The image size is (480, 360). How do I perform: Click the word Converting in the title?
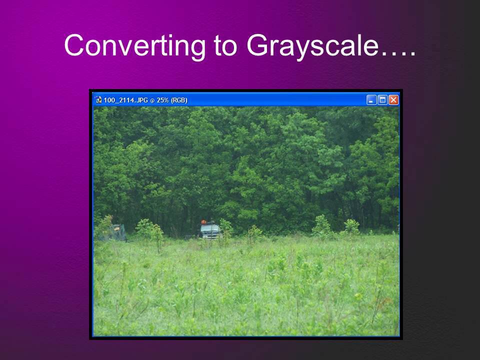134,46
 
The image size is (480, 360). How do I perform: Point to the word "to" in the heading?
226,46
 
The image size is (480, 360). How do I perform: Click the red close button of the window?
393,100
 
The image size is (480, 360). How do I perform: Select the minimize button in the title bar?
371,100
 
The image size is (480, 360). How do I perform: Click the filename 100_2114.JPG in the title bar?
126,100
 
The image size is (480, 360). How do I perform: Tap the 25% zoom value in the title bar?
162,100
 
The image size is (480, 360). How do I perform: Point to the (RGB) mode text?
179,100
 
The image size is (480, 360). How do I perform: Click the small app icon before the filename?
98,100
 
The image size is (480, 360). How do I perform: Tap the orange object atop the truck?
204,221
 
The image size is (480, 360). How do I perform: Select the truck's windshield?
209,228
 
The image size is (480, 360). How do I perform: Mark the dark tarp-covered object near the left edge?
115,232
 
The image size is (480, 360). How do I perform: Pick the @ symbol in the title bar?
152,100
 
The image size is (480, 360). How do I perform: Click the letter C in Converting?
74,45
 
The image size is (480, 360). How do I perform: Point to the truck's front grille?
211,235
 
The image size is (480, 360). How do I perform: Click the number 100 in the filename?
108,100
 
